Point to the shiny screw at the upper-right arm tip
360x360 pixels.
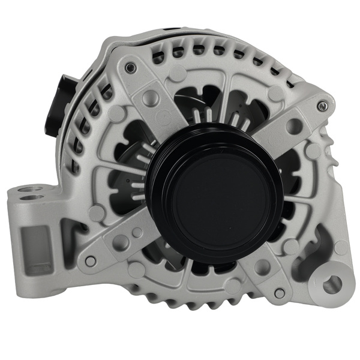324,106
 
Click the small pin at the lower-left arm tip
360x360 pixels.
91,260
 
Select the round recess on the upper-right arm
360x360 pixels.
294,126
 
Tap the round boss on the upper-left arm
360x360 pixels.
178,73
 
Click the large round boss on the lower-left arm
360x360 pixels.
122,242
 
